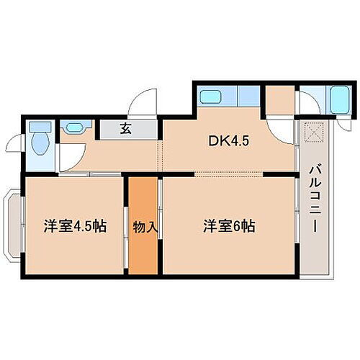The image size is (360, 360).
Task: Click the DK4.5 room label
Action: (x=229, y=141)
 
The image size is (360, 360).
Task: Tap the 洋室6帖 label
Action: (x=228, y=225)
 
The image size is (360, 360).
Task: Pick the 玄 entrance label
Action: (x=125, y=130)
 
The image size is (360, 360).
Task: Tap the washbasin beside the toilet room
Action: (x=74, y=128)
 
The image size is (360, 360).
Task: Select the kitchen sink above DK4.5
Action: (x=212, y=96)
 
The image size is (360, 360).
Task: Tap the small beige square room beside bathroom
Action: (x=280, y=99)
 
